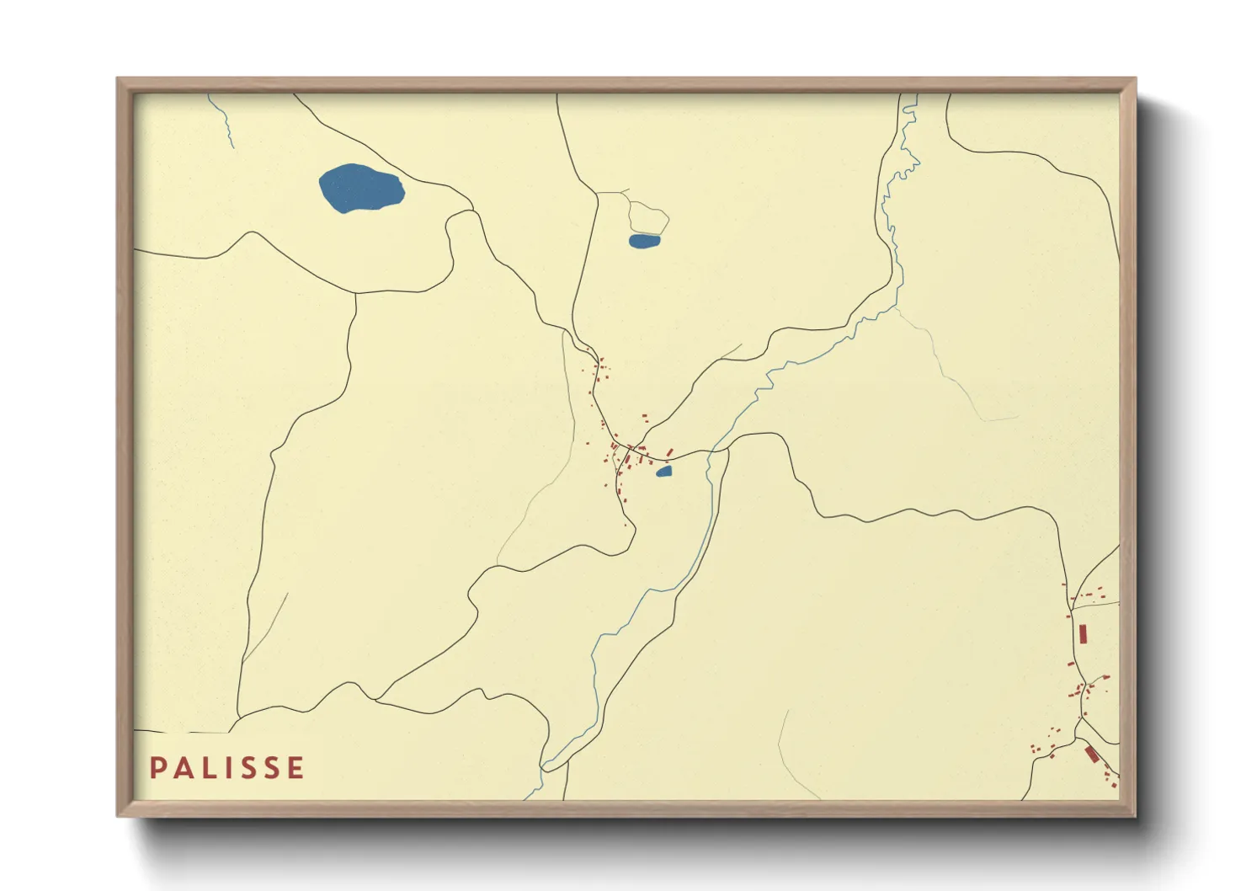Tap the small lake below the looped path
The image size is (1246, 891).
pyautogui.click(x=644, y=241)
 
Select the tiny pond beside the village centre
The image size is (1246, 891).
pyautogui.click(x=664, y=472)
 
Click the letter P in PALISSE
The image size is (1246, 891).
pyautogui.click(x=157, y=768)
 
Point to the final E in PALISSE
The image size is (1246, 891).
pyautogui.click(x=296, y=768)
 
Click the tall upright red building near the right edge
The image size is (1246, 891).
pyautogui.click(x=1083, y=633)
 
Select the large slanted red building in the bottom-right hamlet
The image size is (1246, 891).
pyautogui.click(x=1091, y=754)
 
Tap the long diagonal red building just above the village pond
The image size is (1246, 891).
pyautogui.click(x=669, y=454)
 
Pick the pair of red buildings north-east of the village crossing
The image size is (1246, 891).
pyautogui.click(x=646, y=417)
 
